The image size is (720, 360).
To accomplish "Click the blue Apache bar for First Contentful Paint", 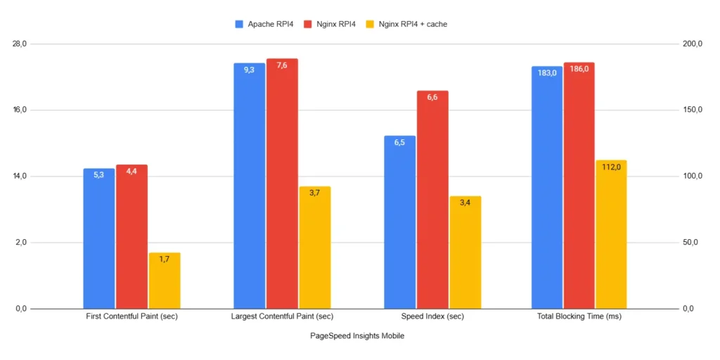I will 99,239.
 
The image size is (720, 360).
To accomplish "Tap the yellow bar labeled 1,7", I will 165,281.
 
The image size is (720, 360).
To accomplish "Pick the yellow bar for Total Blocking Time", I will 611,235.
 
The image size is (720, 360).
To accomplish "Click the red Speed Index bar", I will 432,200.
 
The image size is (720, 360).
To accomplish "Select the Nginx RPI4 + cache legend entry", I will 407,24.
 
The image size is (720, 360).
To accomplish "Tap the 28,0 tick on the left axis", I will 19,44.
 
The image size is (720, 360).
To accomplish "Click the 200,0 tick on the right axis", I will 692,44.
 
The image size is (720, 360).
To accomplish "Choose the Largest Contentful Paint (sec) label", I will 282,317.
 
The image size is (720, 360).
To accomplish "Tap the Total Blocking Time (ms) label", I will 579,317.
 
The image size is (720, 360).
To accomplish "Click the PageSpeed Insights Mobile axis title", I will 357,336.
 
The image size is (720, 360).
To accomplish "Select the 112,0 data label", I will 610,167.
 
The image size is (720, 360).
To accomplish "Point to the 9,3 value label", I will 250,70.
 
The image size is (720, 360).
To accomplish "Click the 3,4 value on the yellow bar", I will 465,202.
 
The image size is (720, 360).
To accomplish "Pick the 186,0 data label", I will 579,69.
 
